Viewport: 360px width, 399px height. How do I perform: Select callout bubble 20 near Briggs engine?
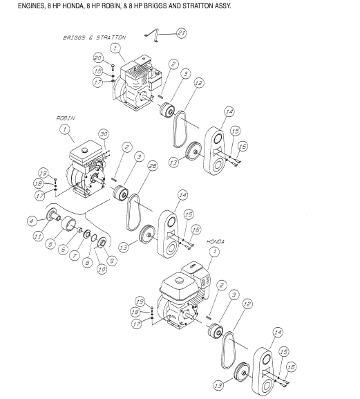point(98,57)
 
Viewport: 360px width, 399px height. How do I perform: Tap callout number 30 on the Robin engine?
point(104,134)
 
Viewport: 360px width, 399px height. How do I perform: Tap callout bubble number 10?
point(101,268)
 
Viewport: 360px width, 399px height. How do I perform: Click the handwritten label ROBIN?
point(66,118)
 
